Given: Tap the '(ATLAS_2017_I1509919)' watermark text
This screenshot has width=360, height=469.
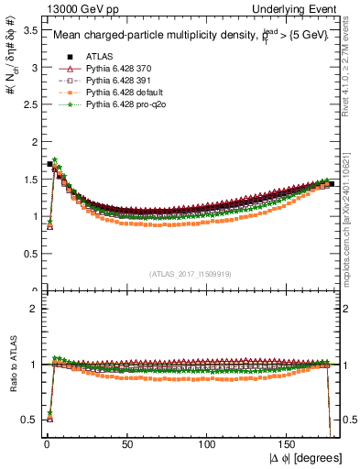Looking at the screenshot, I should [x=189, y=274].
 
